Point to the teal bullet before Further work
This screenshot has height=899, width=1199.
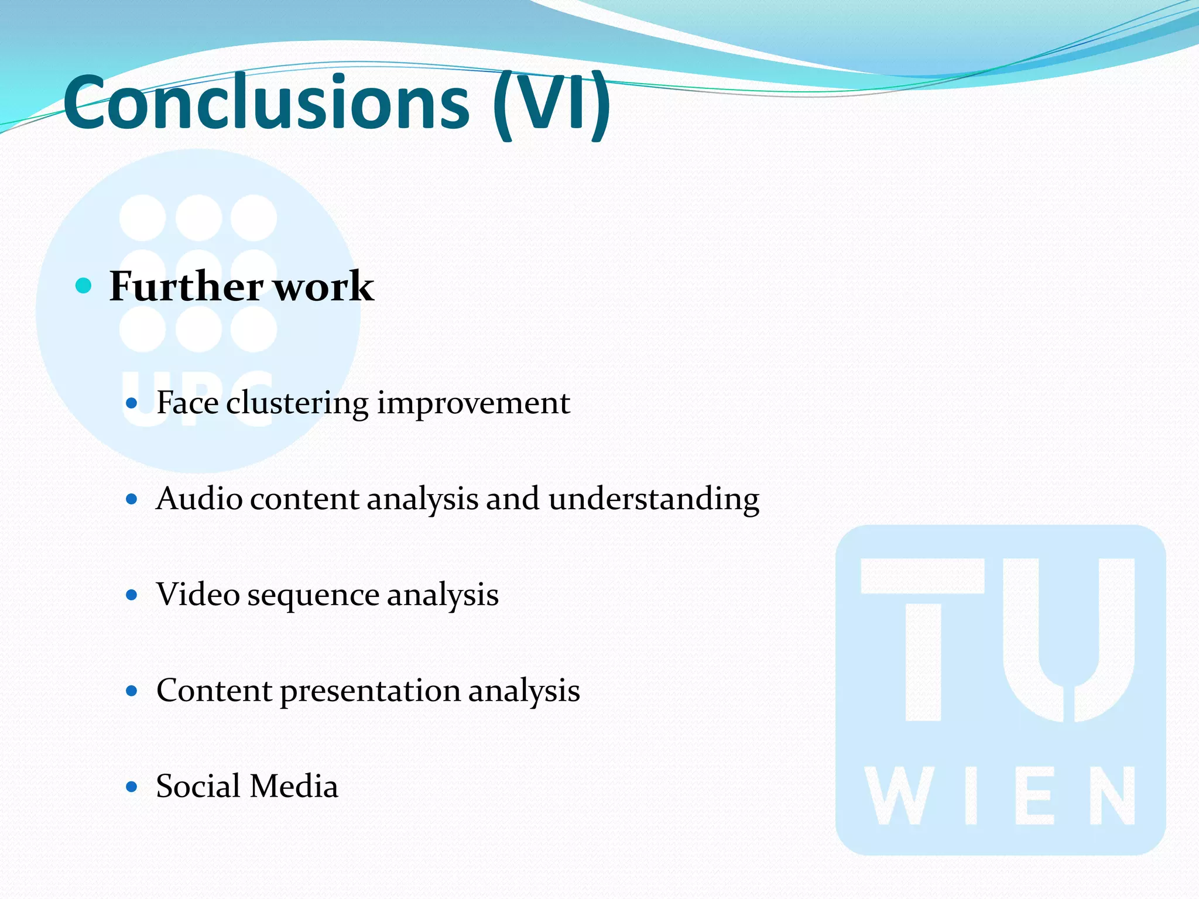pos(84,286)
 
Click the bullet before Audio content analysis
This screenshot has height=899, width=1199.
pos(132,499)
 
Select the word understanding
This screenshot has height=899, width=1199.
pos(654,500)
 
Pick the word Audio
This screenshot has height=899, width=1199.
pos(199,499)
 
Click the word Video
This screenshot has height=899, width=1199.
pos(198,595)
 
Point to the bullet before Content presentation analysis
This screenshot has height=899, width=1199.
pos(132,691)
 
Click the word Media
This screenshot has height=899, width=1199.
pos(294,786)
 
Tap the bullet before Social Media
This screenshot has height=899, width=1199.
pos(132,787)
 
